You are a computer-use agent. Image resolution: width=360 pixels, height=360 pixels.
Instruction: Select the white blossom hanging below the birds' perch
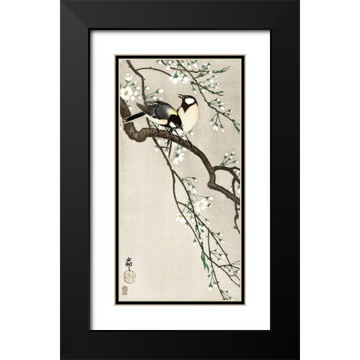tap(178, 156)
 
